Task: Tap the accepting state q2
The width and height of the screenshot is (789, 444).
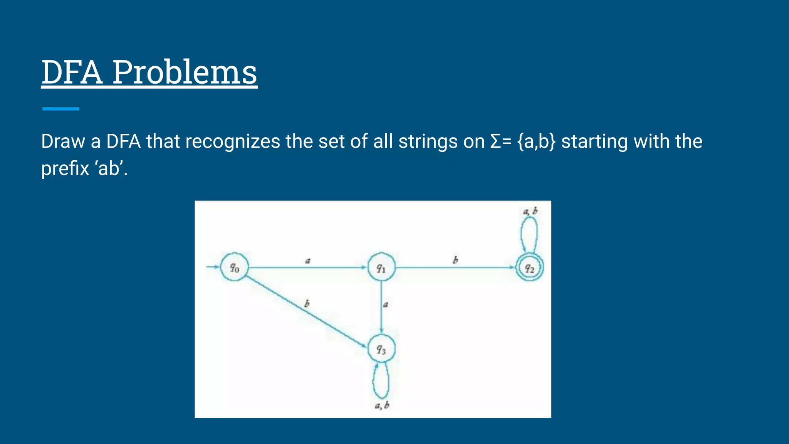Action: [x=530, y=268]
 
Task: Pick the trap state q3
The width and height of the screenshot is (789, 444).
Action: [x=381, y=349]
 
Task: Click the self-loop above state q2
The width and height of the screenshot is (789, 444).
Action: [x=529, y=234]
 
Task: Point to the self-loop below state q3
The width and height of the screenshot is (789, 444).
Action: [x=381, y=382]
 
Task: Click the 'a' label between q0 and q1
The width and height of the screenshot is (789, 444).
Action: [x=308, y=261]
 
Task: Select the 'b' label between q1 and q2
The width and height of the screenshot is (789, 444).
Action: [x=455, y=260]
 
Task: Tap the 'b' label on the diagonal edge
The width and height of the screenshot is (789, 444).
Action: [x=307, y=304]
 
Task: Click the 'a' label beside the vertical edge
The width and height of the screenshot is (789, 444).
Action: [x=386, y=304]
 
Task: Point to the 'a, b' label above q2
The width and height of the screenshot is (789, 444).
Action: [x=530, y=211]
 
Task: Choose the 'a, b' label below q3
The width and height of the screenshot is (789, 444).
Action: [x=382, y=405]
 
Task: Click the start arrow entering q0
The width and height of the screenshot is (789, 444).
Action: [x=212, y=267]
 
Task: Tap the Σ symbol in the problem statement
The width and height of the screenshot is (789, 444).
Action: [x=496, y=141]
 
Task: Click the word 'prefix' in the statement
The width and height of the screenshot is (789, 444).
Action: [x=65, y=168]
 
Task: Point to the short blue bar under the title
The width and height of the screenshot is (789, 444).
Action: [x=60, y=109]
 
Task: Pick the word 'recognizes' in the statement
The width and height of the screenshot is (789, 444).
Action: [x=232, y=141]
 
